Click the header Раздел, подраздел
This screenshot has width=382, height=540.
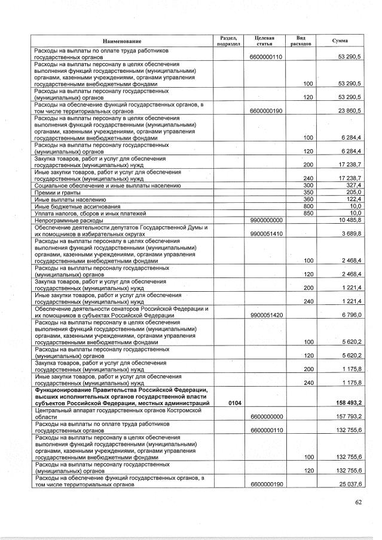228,41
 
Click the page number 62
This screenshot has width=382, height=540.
358,502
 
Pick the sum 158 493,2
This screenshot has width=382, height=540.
348,404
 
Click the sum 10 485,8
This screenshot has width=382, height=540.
350,220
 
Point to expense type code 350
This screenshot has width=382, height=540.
308,193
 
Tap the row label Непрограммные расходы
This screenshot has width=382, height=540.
69,220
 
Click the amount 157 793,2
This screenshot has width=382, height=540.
348,417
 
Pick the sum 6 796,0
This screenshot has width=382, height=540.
351,315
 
